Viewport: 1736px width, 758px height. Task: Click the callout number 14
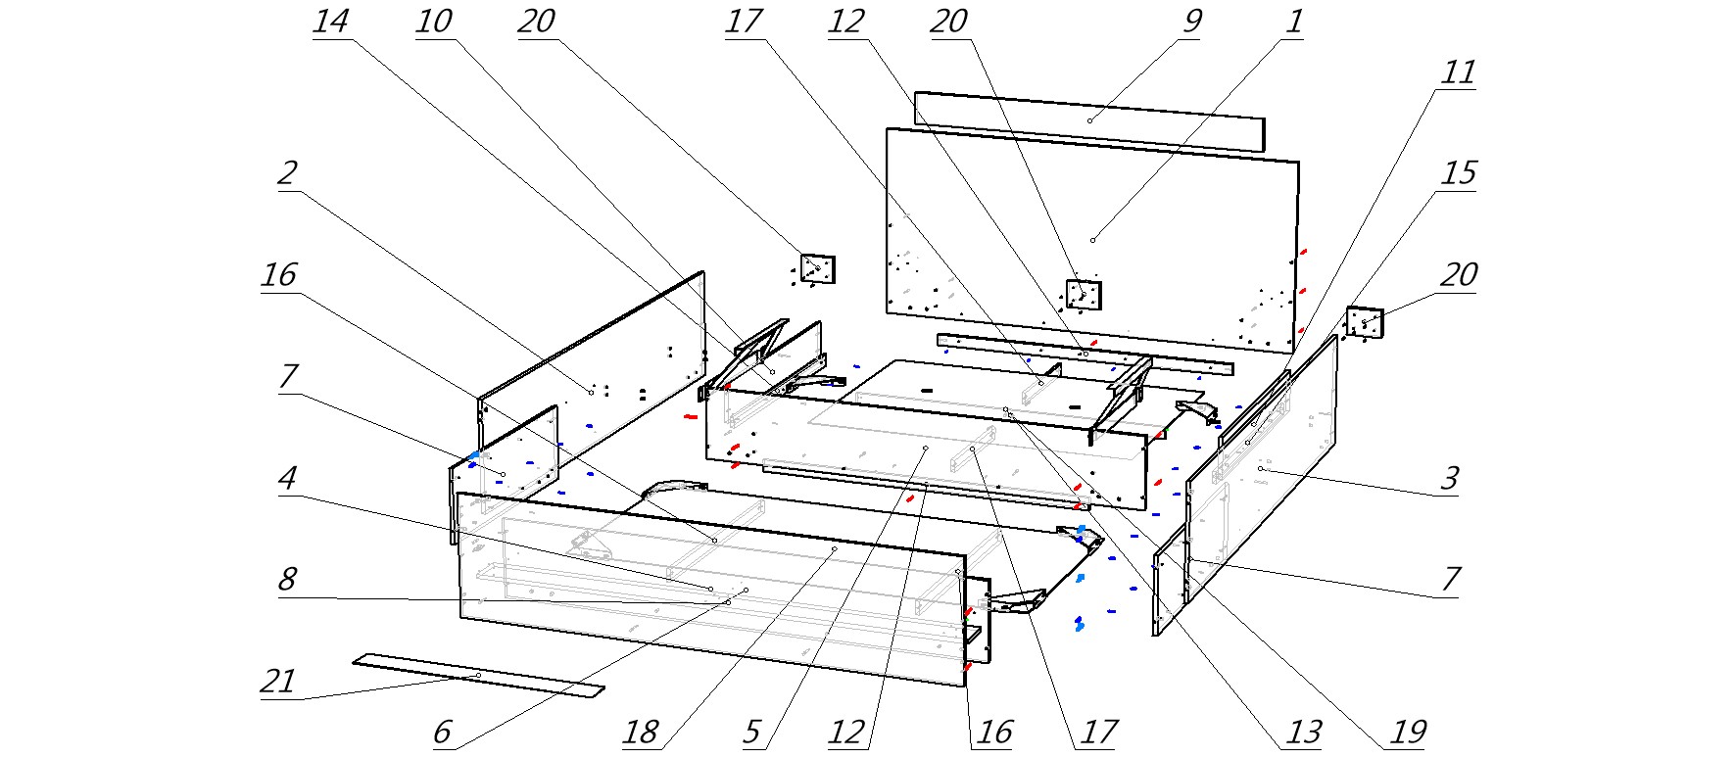[x=330, y=22]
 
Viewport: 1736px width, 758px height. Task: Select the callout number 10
[x=433, y=22]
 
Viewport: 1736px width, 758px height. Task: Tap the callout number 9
[x=1190, y=22]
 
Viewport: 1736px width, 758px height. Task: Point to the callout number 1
[x=1293, y=22]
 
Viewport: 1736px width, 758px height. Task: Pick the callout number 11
[x=1457, y=72]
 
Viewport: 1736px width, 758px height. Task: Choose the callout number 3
[x=1448, y=478]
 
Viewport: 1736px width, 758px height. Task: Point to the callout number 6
[x=441, y=732]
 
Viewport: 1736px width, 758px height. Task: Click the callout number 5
[x=750, y=732]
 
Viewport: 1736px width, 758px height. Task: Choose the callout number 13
[x=1304, y=732]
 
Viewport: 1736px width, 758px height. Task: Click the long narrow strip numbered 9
[x=1088, y=121]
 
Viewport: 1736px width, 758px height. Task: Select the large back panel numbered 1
[x=1092, y=240]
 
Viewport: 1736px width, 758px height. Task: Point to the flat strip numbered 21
[x=478, y=677]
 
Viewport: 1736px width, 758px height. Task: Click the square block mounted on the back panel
[x=1083, y=294]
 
